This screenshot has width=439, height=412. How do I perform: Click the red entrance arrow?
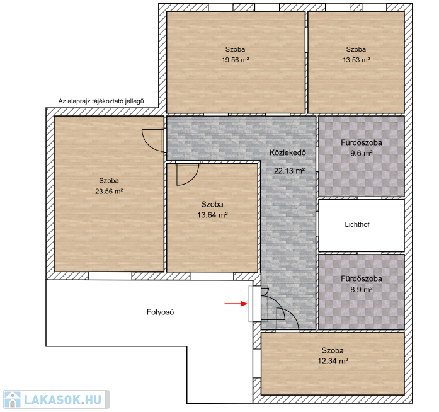[x=236, y=304]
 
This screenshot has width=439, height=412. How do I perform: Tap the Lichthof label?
[x=357, y=224]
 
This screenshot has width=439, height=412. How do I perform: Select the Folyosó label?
[x=160, y=312]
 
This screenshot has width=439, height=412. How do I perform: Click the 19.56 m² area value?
[x=235, y=60]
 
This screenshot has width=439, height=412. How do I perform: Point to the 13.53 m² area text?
[x=356, y=60]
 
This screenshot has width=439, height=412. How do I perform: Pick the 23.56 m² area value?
[x=109, y=192]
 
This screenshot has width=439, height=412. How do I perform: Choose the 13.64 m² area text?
[x=212, y=215]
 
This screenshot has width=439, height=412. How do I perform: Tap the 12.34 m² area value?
[x=333, y=361]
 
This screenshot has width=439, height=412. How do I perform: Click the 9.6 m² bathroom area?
[x=361, y=154]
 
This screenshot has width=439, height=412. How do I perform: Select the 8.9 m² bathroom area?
[x=361, y=290]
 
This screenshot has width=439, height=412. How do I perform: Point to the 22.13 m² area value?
[x=289, y=171]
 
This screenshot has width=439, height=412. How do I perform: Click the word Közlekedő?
[x=288, y=152]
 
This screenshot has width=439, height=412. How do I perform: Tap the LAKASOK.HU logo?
[x=56, y=399]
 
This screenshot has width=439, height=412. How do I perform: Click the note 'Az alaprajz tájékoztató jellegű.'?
[x=102, y=101]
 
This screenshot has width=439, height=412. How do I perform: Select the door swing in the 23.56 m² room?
[x=153, y=140]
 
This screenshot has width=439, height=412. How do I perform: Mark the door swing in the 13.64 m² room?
[x=188, y=175]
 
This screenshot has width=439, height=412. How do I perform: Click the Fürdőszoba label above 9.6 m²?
[x=361, y=142]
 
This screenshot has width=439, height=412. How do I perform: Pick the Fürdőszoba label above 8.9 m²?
[x=361, y=278]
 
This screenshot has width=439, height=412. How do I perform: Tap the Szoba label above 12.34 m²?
[x=333, y=350]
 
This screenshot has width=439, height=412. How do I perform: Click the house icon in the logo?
[x=13, y=399]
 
